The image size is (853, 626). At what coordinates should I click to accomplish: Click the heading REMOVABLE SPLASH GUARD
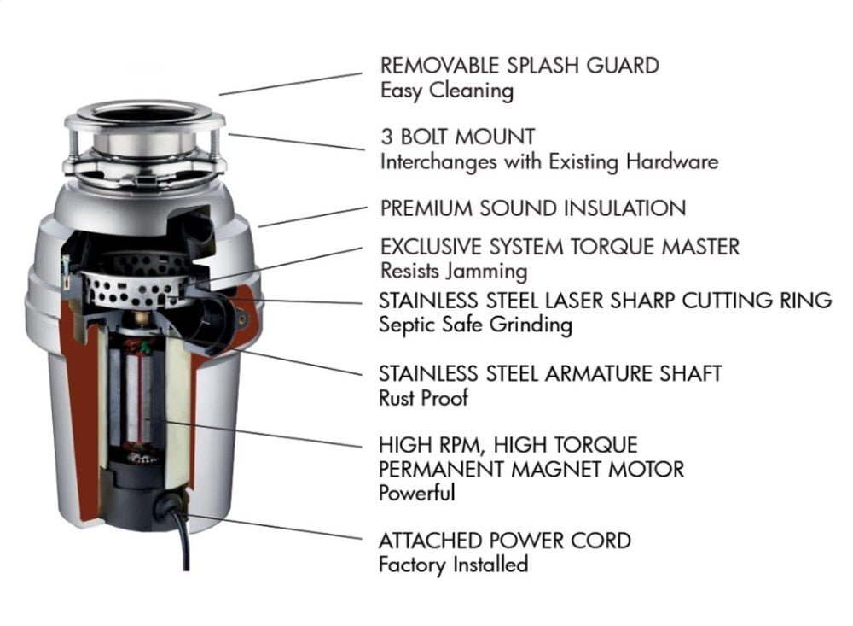tap(519, 66)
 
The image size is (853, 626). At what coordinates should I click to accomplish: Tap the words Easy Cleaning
tap(446, 91)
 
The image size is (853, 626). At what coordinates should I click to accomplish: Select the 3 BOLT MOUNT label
tap(458, 137)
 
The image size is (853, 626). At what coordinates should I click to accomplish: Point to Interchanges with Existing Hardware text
tap(549, 161)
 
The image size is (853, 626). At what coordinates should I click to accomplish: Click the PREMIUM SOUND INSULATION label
tap(532, 208)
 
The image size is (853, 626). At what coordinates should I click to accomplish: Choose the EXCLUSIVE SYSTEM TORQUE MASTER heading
tap(560, 248)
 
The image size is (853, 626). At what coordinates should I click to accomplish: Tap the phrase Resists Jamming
tap(453, 272)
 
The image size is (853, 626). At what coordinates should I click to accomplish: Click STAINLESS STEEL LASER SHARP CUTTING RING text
tap(605, 301)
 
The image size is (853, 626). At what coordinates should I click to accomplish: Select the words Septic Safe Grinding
tap(475, 325)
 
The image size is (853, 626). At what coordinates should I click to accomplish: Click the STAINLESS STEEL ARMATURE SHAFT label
tap(550, 373)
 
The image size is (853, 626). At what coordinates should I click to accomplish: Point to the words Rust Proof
tap(423, 398)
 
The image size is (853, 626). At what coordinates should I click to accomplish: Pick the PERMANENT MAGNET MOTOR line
tap(531, 469)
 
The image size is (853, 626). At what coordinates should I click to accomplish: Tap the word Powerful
tap(416, 493)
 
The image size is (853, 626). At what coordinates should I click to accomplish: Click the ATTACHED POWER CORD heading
tap(505, 541)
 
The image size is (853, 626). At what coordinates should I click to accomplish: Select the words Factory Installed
tap(453, 565)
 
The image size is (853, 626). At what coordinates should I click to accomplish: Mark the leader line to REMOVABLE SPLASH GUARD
tap(290, 83)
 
